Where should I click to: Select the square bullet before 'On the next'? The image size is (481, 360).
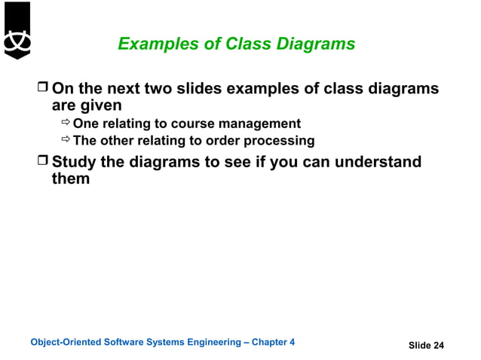click(x=43, y=90)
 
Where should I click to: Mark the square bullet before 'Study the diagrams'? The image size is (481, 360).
click(x=43, y=162)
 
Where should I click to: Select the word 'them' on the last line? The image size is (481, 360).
click(x=70, y=179)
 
